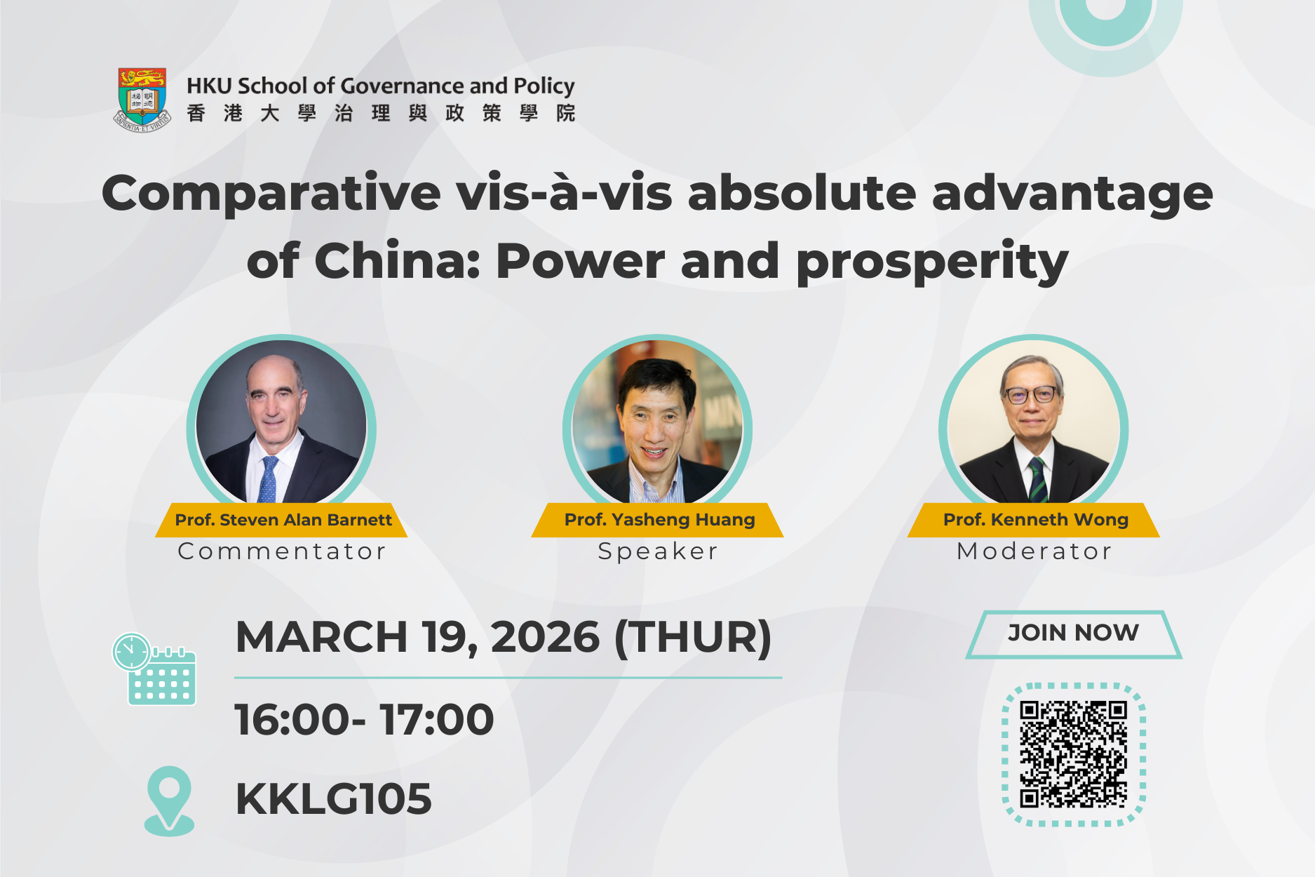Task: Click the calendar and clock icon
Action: (x=154, y=669)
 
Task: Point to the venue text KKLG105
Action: (x=333, y=798)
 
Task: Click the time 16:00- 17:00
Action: (x=364, y=719)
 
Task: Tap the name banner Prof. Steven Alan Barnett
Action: (x=283, y=520)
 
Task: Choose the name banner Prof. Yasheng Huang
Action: (x=659, y=520)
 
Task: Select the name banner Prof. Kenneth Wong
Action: (x=1035, y=520)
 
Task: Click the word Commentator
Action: (x=282, y=551)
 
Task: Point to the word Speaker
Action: (x=658, y=551)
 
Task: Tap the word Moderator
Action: (x=1034, y=551)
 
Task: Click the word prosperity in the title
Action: (x=932, y=262)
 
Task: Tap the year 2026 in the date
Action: (x=545, y=637)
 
